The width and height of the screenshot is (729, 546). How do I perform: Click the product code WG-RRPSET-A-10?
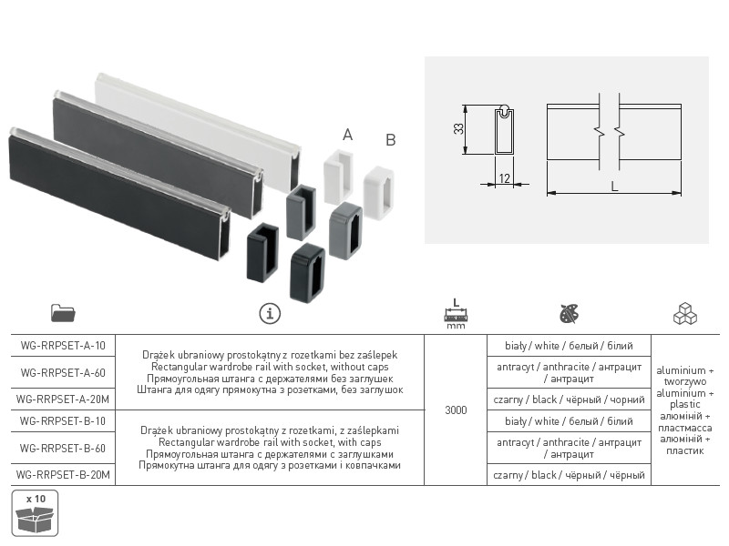pos(63,346)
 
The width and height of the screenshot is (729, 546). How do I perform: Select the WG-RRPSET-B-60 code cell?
pos(63,449)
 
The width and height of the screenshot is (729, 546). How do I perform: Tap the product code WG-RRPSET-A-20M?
pos(63,399)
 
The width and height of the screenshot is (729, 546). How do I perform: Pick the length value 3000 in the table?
pos(456,410)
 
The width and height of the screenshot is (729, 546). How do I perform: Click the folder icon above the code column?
pos(63,313)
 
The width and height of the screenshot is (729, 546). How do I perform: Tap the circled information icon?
pos(270,313)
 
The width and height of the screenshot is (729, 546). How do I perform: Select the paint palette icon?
pos(569,314)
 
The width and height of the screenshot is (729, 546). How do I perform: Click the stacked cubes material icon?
pos(685,314)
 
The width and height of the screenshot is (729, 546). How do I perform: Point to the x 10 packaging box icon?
pos(35,513)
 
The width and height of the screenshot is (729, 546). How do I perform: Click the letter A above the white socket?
pos(347,135)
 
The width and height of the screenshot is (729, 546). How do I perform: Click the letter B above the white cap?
pos(391,140)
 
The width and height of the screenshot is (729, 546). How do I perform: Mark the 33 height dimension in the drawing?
pos(459,128)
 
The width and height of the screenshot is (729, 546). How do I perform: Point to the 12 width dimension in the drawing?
pos(505,178)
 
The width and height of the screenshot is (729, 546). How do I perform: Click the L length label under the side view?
pos(614,187)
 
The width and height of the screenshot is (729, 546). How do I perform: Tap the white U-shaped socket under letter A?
pos(338,177)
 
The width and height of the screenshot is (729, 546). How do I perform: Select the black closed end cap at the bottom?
pos(307,272)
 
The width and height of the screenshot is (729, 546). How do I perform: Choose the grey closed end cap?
pos(346,230)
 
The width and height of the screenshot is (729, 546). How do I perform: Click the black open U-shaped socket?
pos(262,252)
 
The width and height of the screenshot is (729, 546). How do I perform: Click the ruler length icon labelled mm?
pos(456,314)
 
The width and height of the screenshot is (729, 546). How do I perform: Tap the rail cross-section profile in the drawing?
pos(504,130)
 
